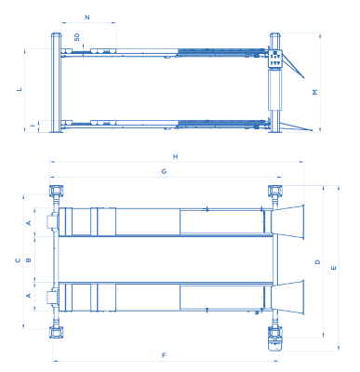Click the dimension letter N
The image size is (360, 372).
point(87,17)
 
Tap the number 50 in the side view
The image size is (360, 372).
point(77,37)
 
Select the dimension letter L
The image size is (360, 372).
point(20,89)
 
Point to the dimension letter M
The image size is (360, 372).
point(315,92)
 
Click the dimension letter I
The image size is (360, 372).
point(33,126)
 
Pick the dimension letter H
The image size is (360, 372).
point(176,156)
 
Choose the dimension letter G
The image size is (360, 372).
point(164,171)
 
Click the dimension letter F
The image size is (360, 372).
point(164,355)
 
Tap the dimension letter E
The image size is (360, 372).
point(334,268)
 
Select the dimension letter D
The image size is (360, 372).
point(317,262)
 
